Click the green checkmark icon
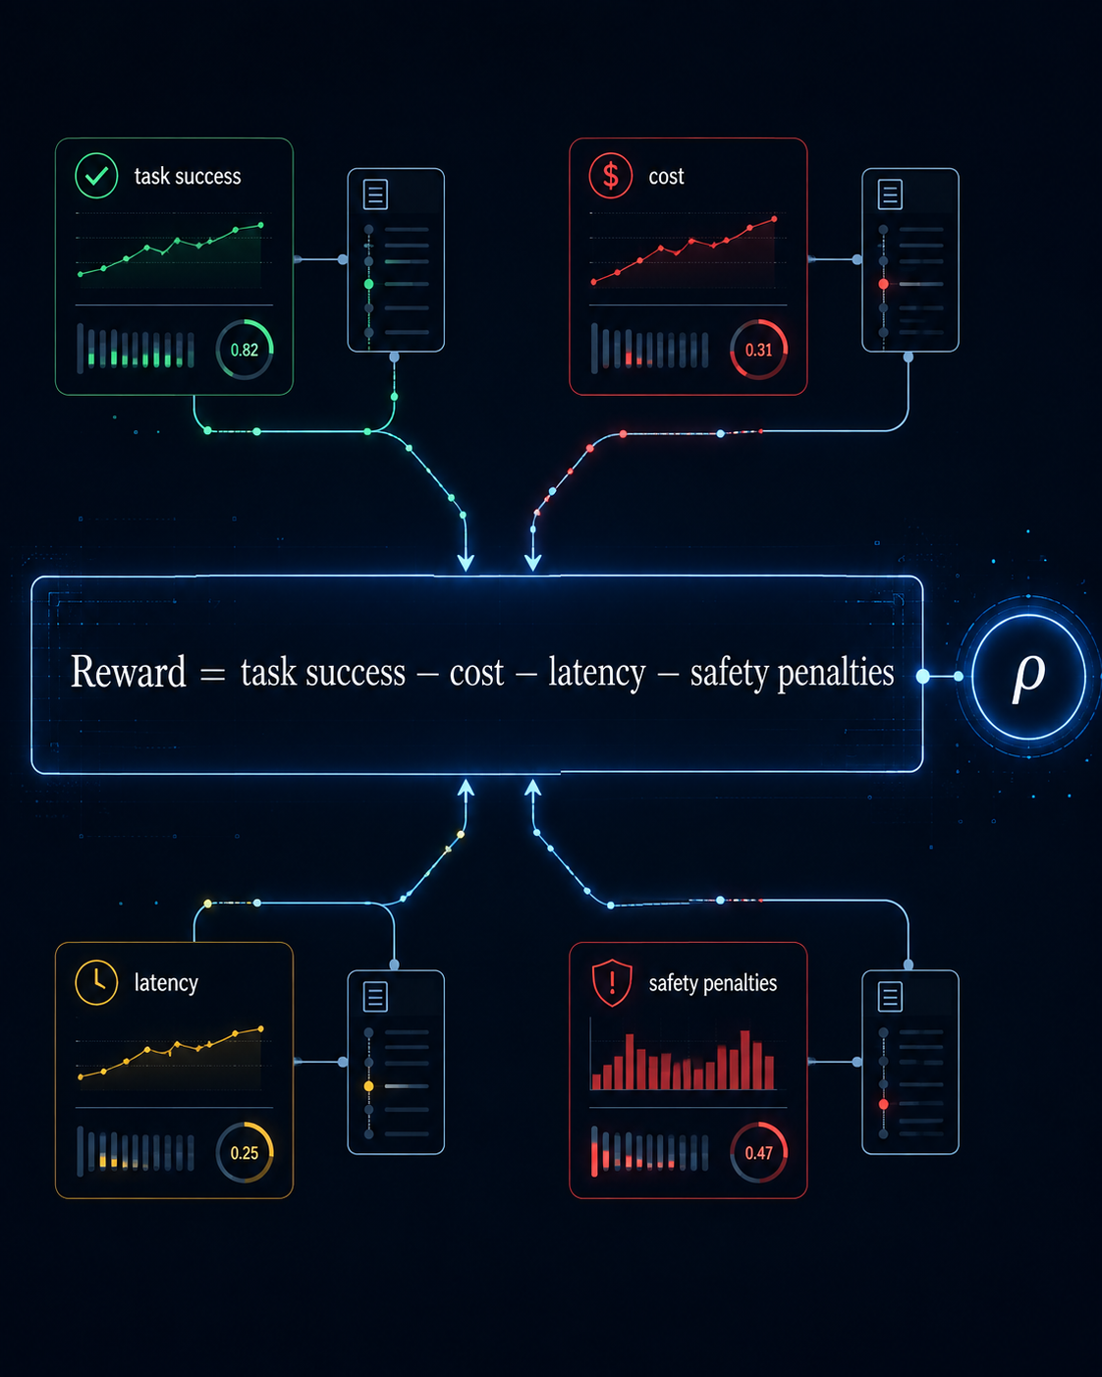(x=96, y=176)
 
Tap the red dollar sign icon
(x=611, y=176)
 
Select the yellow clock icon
(x=96, y=982)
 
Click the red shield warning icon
(x=612, y=983)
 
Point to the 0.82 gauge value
(x=245, y=350)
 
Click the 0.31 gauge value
(x=758, y=350)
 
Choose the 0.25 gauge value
(x=245, y=1153)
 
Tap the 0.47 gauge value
(x=758, y=1153)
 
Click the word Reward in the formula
(x=128, y=672)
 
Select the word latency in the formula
(x=596, y=673)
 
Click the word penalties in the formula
(x=835, y=673)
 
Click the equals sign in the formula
(x=212, y=675)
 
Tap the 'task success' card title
(x=188, y=176)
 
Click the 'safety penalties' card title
(x=713, y=983)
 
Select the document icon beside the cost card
(x=890, y=193)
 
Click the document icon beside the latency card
(x=375, y=996)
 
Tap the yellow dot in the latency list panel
(x=368, y=1086)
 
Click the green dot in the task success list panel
(x=368, y=284)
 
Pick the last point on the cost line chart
(x=774, y=219)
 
